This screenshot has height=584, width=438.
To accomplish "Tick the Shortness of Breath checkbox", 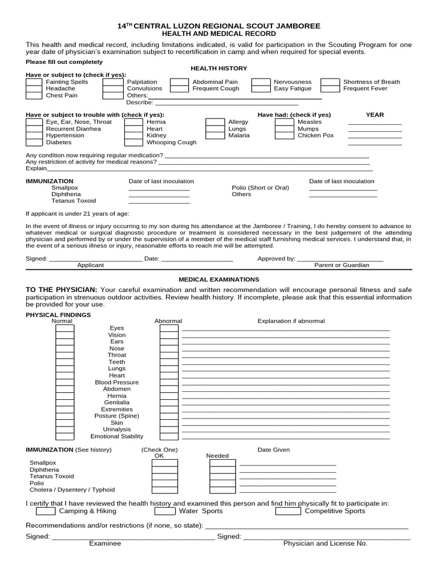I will [330, 82].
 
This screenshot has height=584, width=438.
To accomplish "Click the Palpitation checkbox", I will [112, 82].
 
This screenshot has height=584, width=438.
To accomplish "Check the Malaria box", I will [214, 136].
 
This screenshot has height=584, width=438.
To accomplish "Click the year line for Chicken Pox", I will [374, 137].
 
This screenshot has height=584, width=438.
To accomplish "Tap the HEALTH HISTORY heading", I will [218, 68].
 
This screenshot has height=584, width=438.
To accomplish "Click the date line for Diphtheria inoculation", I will [159, 196].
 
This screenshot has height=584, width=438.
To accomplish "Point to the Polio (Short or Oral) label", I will [260, 188].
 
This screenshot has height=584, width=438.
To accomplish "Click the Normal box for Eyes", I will [64, 328].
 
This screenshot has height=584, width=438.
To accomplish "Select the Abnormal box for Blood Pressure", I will [169, 383].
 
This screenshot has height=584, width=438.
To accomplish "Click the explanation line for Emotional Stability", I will [286, 438].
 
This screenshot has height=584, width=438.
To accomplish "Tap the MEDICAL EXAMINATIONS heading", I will [219, 279].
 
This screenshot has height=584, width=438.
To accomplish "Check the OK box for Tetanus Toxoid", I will [164, 476].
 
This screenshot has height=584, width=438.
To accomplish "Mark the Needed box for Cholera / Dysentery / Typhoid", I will [222, 490].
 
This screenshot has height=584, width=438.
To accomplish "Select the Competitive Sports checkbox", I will [288, 511].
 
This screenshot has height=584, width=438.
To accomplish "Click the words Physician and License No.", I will [325, 544].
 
